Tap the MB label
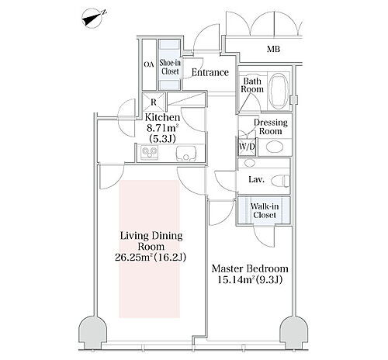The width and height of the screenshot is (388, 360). point(273,49)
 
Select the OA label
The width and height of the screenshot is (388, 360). point(149,64)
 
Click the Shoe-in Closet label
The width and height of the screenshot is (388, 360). point(170,67)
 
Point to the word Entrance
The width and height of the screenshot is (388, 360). point(210,72)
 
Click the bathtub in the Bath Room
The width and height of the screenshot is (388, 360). point(279,91)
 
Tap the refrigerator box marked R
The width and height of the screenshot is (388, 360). point(154,102)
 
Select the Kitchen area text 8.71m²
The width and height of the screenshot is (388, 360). point(162,128)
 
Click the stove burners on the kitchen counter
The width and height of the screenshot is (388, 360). point(149,152)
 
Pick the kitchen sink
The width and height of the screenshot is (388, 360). point(185,154)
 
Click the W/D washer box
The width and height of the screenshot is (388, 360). point(247,147)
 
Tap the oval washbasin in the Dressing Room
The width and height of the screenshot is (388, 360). point(275,147)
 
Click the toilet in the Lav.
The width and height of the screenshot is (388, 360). point(281,180)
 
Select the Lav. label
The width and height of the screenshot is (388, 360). point(256,179)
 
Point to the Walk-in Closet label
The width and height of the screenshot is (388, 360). point(265,210)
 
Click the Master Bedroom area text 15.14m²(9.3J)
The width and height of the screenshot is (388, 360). point(249,279)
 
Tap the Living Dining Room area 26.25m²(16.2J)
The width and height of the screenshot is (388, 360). point(151,257)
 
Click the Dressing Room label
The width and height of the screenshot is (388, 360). point(271,126)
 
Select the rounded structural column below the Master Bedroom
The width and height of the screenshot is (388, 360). point(294,332)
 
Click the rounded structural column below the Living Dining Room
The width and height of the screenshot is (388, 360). point(92,332)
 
